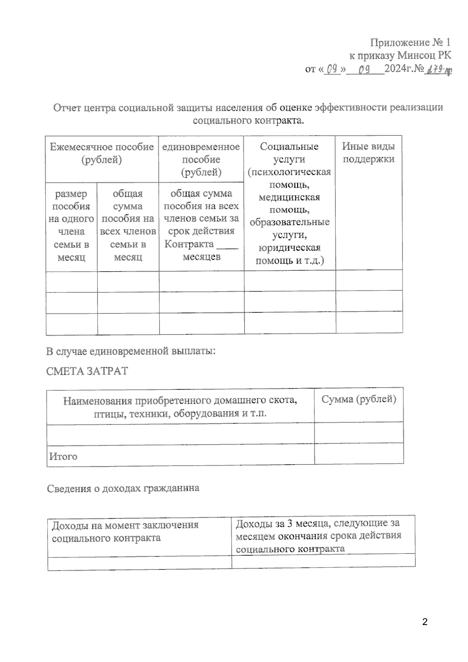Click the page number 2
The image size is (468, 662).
[425, 622]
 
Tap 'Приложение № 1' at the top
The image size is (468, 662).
[410, 42]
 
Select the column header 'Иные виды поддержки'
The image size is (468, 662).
[369, 153]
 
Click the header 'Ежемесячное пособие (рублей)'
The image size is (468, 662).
[102, 153]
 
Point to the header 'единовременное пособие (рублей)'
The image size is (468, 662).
[201, 159]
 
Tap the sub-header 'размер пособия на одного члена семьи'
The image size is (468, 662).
[71, 225]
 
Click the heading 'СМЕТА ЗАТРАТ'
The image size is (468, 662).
[87, 371]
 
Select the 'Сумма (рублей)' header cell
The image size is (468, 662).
[359, 399]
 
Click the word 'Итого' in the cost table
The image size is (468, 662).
[63, 456]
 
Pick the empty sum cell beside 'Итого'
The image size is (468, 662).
[359, 454]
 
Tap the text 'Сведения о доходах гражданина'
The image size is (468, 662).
[123, 488]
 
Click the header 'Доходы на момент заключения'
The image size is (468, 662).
[125, 525]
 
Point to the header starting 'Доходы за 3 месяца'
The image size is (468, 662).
[318, 523]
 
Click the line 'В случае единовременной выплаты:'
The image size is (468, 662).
[131, 351]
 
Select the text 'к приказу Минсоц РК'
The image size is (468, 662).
[400, 55]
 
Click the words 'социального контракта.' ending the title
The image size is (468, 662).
[248, 120]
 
